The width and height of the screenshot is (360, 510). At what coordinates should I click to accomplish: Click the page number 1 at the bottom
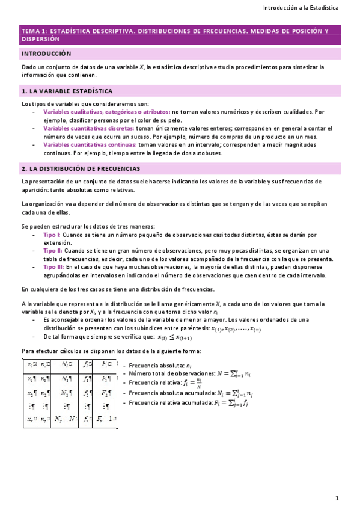[x=337, y=498]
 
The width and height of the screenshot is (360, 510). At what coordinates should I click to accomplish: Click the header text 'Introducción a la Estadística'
[x=301, y=8]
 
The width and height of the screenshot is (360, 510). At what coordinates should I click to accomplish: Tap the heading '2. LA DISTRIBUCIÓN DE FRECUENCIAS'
[x=80, y=169]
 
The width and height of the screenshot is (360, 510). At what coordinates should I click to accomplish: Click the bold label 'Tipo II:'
[x=53, y=250]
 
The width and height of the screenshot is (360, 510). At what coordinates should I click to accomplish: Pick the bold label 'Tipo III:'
[x=54, y=267]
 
